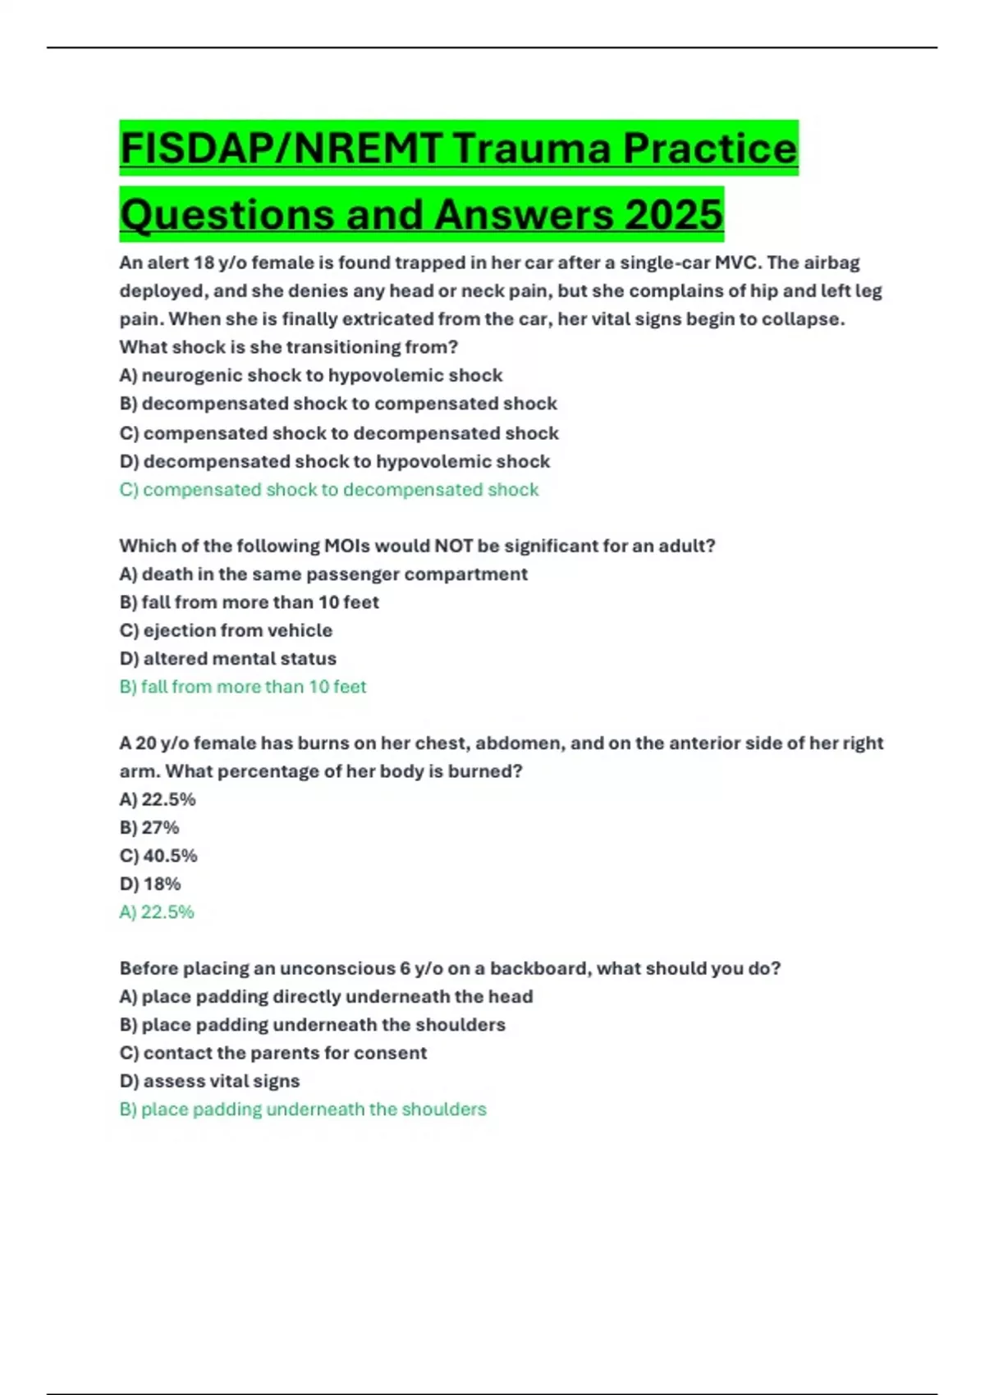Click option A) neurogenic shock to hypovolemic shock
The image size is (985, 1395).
tap(310, 375)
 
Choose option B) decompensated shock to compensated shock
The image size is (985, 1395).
tap(337, 404)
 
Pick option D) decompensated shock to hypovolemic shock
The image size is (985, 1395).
tap(334, 461)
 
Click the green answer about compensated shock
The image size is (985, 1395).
tap(328, 490)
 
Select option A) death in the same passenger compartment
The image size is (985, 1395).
tap(323, 574)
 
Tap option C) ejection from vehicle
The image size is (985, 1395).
tap(226, 630)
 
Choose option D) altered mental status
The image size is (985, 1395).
tap(227, 659)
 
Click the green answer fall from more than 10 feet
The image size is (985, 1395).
tap(242, 687)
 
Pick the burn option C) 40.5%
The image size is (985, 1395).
tap(158, 856)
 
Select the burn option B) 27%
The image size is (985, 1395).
tap(149, 827)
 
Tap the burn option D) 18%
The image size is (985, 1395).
tap(150, 884)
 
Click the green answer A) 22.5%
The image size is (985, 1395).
tap(157, 912)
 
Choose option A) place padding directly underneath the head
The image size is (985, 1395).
tap(326, 996)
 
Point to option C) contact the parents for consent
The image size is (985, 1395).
tap(273, 1053)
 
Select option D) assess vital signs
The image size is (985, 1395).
tap(209, 1082)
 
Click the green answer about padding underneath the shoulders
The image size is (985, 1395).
tap(302, 1109)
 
